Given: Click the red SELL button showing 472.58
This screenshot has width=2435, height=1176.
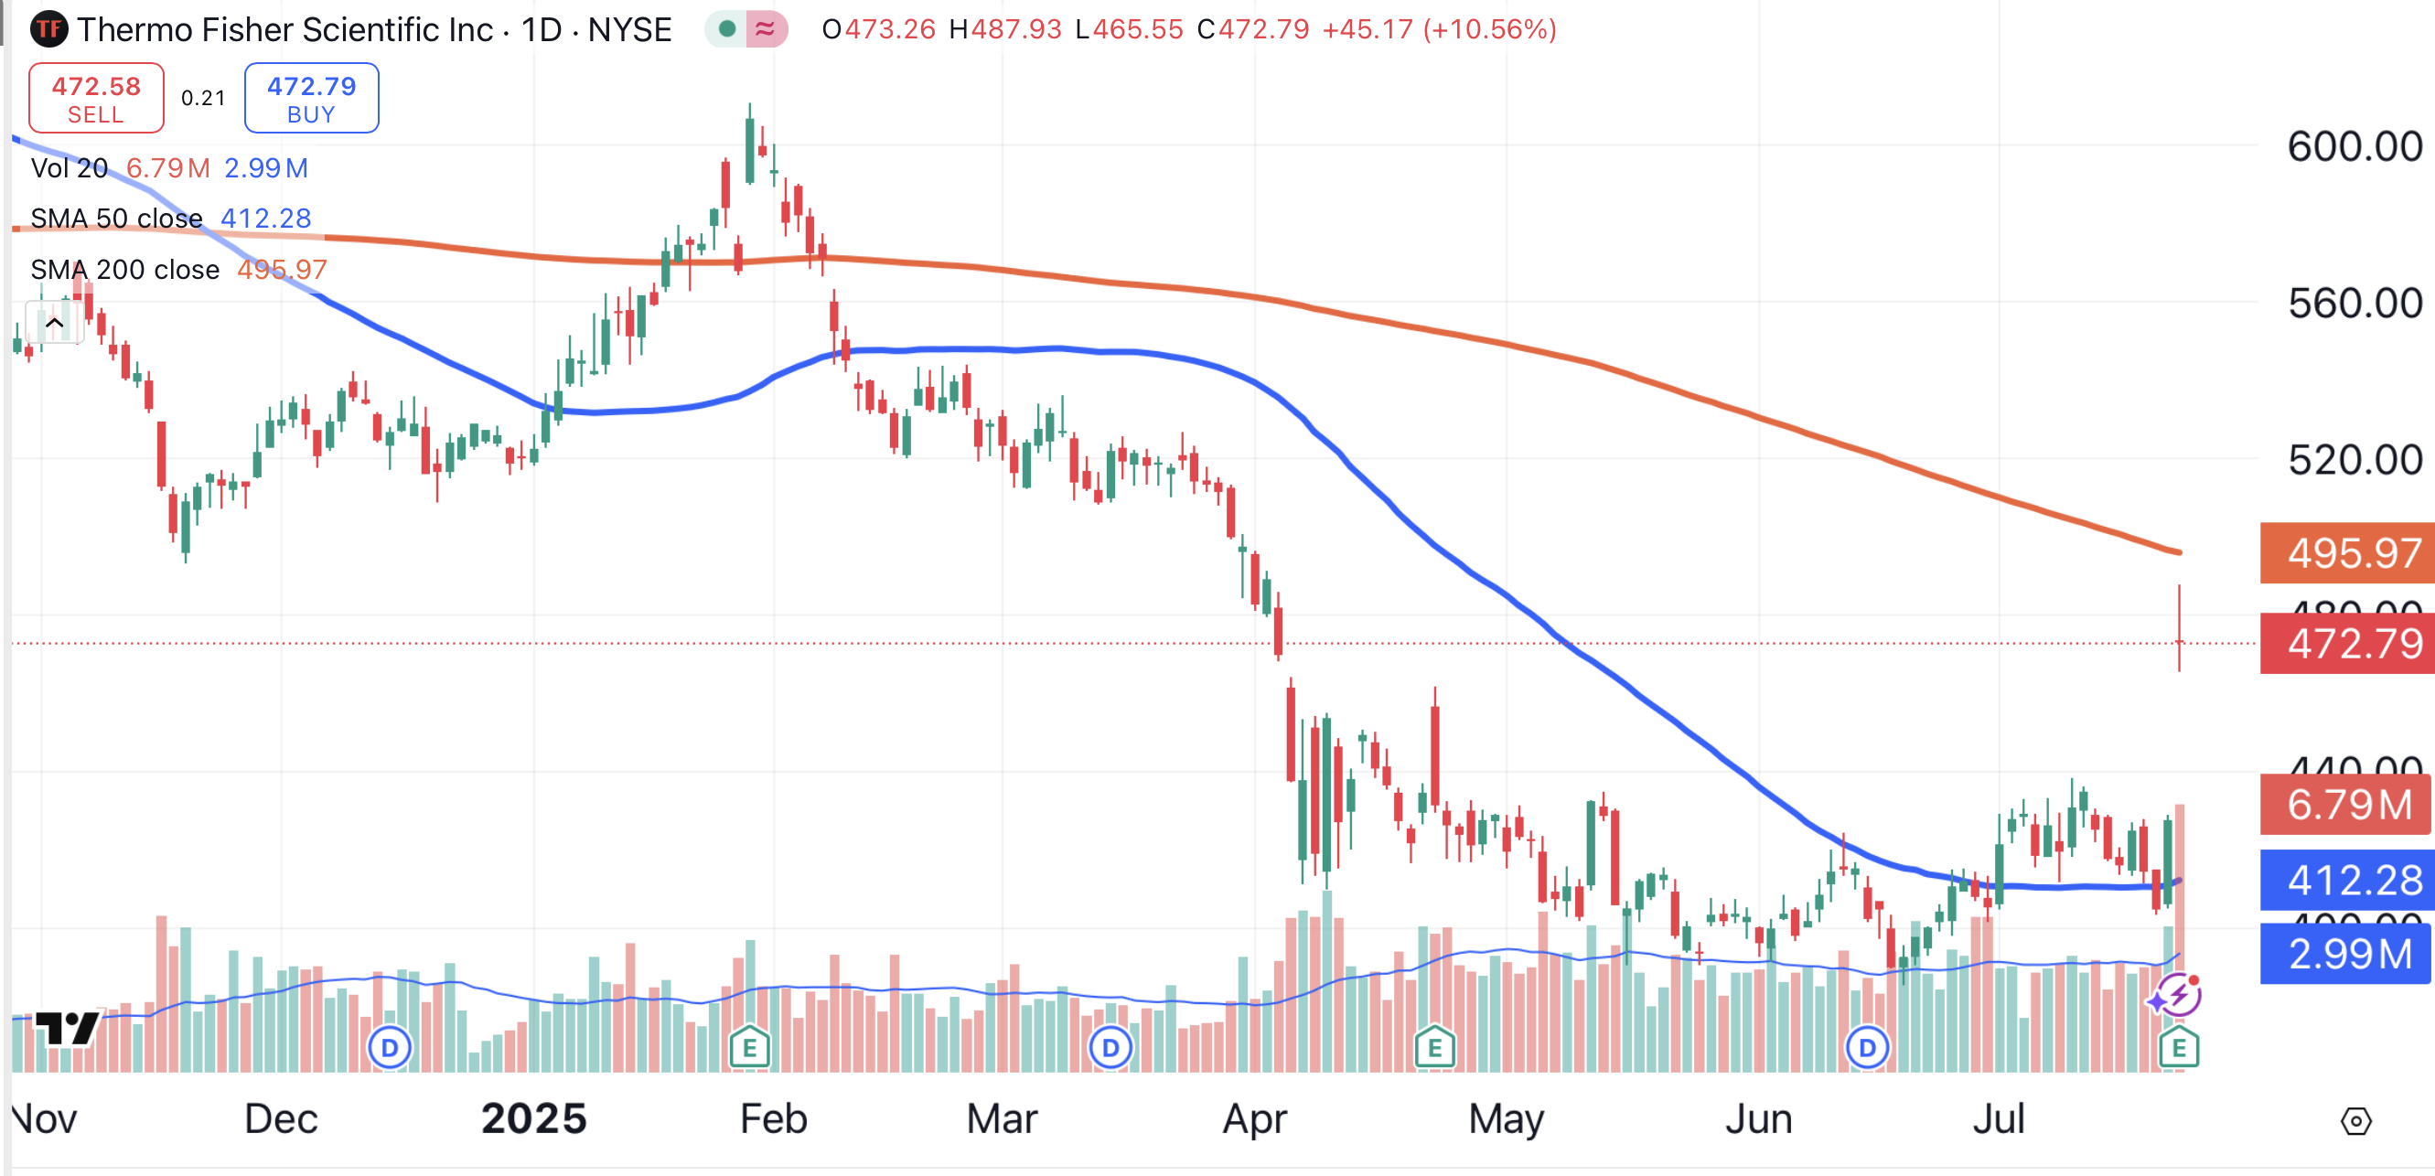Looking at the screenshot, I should point(95,99).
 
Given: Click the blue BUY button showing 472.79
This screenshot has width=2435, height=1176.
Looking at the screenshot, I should point(311,99).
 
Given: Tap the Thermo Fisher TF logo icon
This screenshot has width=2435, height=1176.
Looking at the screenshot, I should point(48,29).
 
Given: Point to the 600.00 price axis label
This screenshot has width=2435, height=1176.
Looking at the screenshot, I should point(2354,146).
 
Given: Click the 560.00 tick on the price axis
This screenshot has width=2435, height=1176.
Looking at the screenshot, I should point(2354,304).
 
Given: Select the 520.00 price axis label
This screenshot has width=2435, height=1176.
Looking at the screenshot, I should point(2354,460).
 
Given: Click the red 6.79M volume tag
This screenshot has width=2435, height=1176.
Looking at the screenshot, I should point(2347,805).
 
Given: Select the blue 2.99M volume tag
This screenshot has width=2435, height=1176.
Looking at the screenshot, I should point(2347,954).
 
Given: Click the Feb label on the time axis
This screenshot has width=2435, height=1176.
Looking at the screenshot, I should point(773,1119).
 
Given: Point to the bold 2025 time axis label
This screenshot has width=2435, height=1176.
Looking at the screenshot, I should point(534,1119).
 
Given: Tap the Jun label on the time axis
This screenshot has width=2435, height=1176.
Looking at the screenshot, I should point(1758,1119).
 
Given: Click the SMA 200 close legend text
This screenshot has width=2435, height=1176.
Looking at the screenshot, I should point(124,271).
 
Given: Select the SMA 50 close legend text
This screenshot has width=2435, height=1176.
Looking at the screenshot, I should point(116,219).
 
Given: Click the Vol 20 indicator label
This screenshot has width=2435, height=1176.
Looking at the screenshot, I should point(69,168).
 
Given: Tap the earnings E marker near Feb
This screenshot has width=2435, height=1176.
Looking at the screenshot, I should point(749,1047).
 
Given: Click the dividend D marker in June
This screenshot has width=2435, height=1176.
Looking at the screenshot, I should point(1867,1047).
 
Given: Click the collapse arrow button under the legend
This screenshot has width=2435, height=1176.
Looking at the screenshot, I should point(55,324).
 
